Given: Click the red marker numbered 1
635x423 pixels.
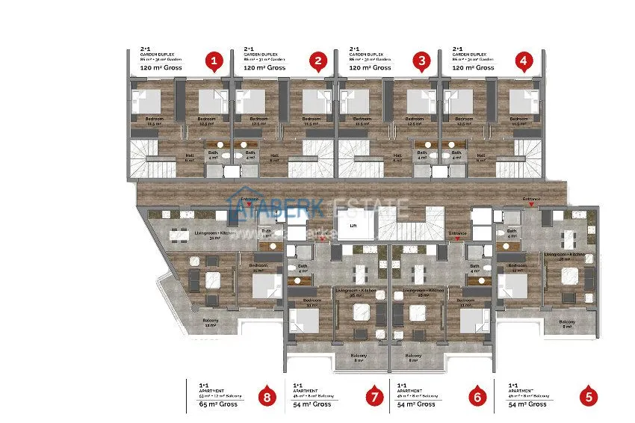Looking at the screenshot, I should click(215, 61).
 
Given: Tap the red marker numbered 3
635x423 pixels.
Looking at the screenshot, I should click(422, 61).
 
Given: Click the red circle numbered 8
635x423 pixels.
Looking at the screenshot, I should click(267, 397).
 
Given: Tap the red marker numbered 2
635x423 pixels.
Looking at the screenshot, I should click(319, 61).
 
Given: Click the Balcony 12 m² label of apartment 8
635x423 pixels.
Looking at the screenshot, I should click(210, 322).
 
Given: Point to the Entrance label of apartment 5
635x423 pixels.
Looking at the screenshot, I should click(531, 199).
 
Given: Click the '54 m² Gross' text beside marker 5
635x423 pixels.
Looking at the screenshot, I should click(527, 404).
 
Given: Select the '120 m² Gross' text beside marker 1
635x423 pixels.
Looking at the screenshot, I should click(161, 68).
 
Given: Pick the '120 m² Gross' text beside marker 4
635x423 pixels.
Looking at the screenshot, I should click(474, 68).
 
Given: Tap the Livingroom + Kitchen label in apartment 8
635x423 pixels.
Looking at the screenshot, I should click(215, 234).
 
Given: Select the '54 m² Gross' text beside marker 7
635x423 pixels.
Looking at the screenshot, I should click(312, 404).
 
